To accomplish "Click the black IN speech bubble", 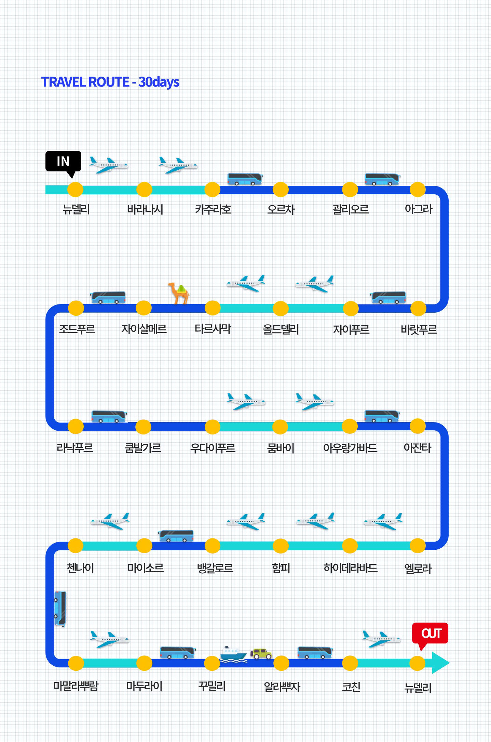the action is (63, 161).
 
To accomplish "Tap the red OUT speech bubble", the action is (430, 634).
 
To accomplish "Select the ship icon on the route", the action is (233, 654).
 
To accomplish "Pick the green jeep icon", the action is (261, 654).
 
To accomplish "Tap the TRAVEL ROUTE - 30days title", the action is (110, 82).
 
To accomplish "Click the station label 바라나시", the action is (145, 209).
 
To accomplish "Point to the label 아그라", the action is (418, 209).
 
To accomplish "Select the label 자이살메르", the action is (144, 329).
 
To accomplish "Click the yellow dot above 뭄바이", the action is (281, 427).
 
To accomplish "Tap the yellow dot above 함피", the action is (281, 546).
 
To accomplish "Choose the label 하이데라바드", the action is (350, 568).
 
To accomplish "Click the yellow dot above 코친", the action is (350, 663).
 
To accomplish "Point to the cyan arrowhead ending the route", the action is (441, 663).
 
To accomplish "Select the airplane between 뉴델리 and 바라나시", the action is (109, 165).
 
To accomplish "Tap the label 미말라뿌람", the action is (76, 686).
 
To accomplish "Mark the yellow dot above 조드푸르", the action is (76, 308).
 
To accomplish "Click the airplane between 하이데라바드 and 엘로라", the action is (383, 521).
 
